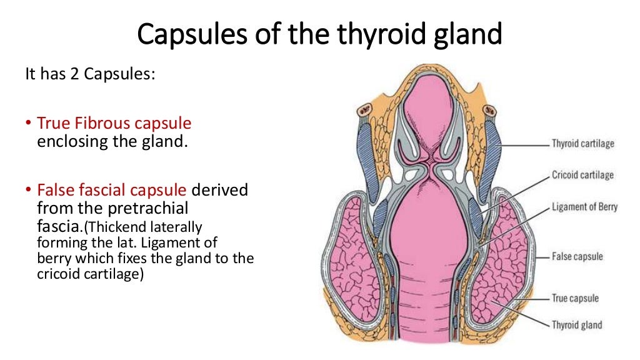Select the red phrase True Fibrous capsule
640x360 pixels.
pos(114,122)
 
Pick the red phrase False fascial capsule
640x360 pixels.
pos(112,189)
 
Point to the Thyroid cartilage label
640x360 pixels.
pos(582,144)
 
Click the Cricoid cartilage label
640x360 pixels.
pos(582,175)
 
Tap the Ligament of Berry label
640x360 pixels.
pos(584,206)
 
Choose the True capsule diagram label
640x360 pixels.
pos(574,298)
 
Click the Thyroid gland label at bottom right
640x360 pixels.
pos(576,324)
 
